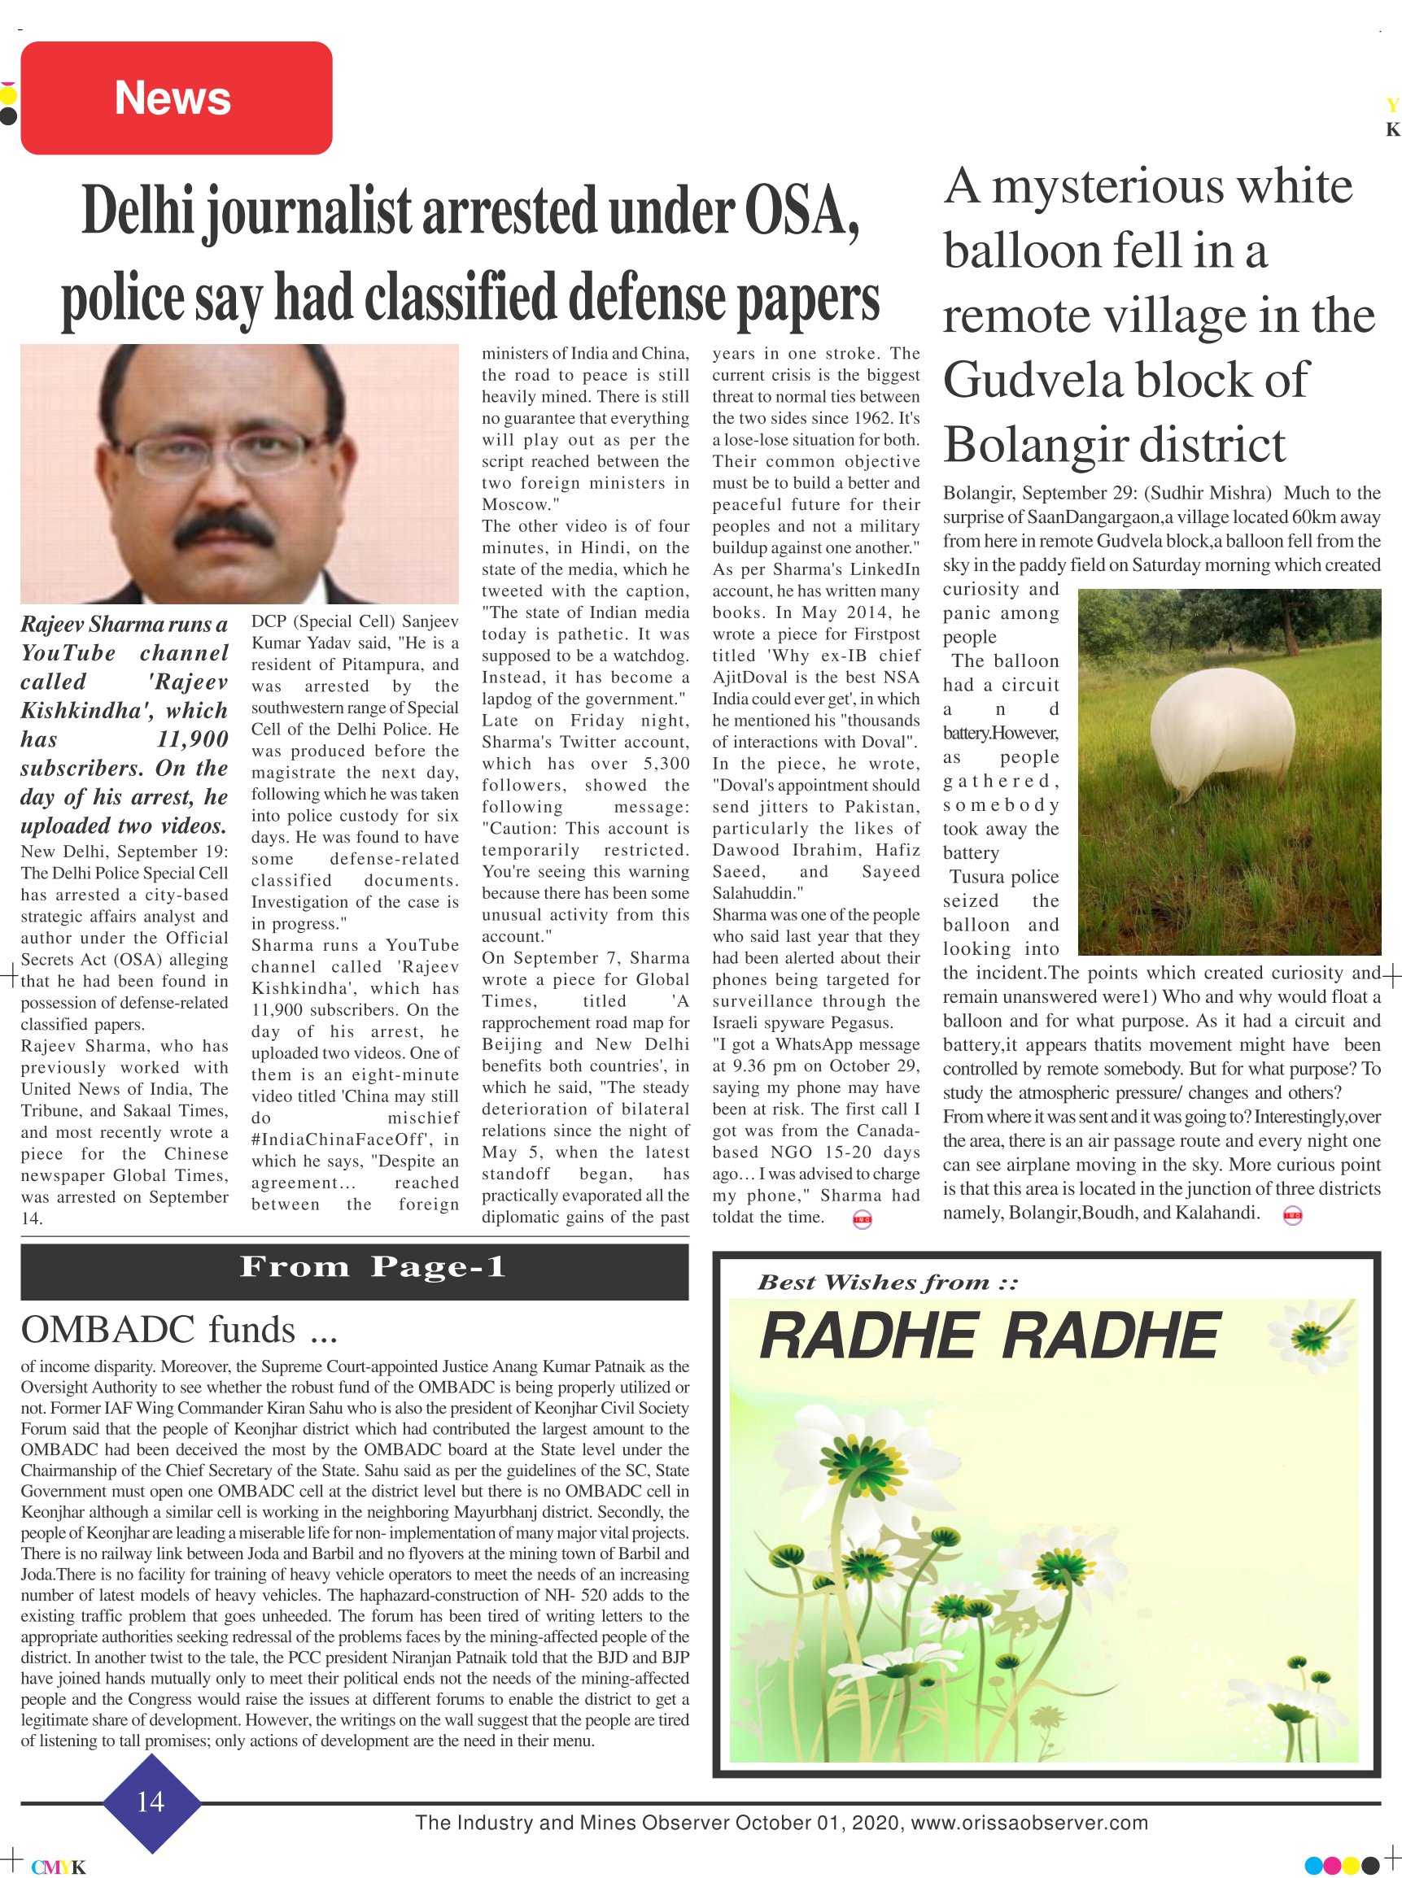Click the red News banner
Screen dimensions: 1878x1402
click(x=176, y=98)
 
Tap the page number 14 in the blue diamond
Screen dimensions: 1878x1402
click(x=151, y=1801)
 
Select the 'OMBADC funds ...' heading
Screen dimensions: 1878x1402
click(x=179, y=1330)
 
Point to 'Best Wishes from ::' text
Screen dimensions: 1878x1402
click(x=886, y=1283)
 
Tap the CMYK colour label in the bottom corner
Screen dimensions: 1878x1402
click(x=59, y=1867)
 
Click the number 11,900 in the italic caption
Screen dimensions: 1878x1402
click(x=193, y=739)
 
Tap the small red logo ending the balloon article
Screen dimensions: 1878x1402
click(x=1292, y=1215)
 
